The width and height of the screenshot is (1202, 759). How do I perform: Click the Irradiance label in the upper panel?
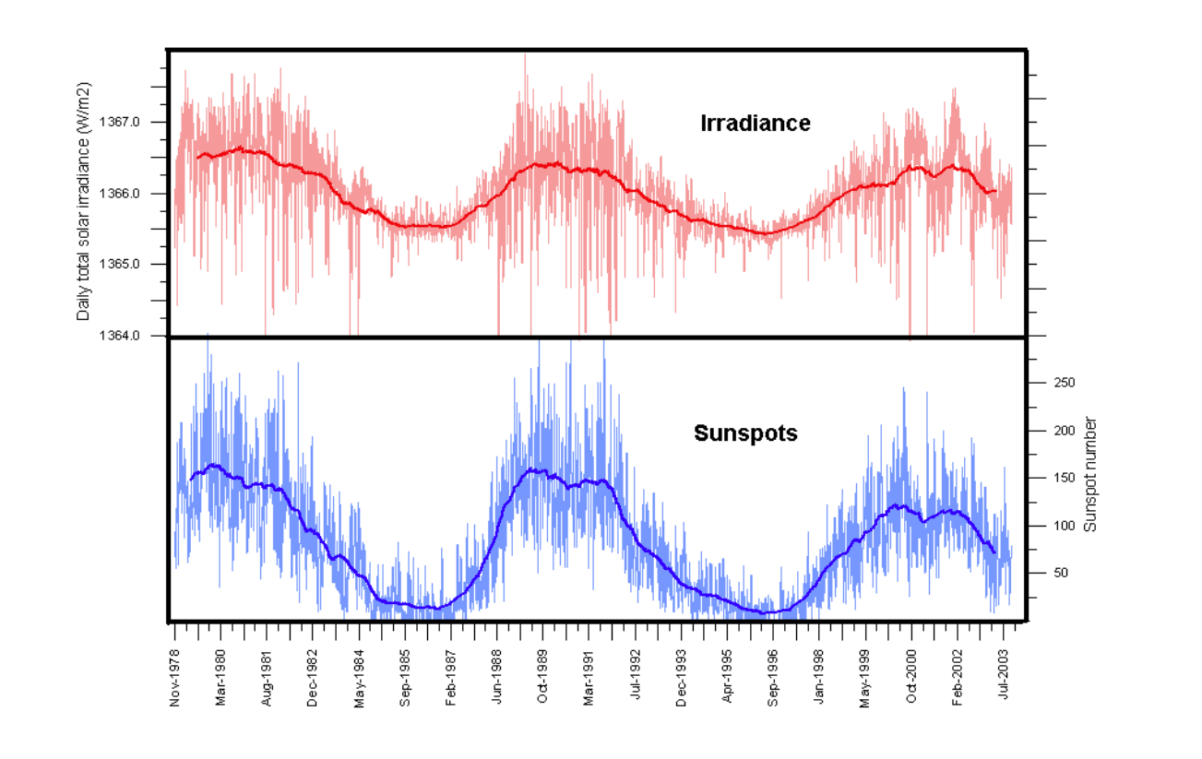point(756,123)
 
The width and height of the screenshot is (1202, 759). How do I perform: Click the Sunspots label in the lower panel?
point(745,433)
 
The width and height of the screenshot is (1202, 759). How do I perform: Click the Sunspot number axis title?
point(1090,474)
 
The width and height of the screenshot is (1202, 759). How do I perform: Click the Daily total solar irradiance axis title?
point(84,201)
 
